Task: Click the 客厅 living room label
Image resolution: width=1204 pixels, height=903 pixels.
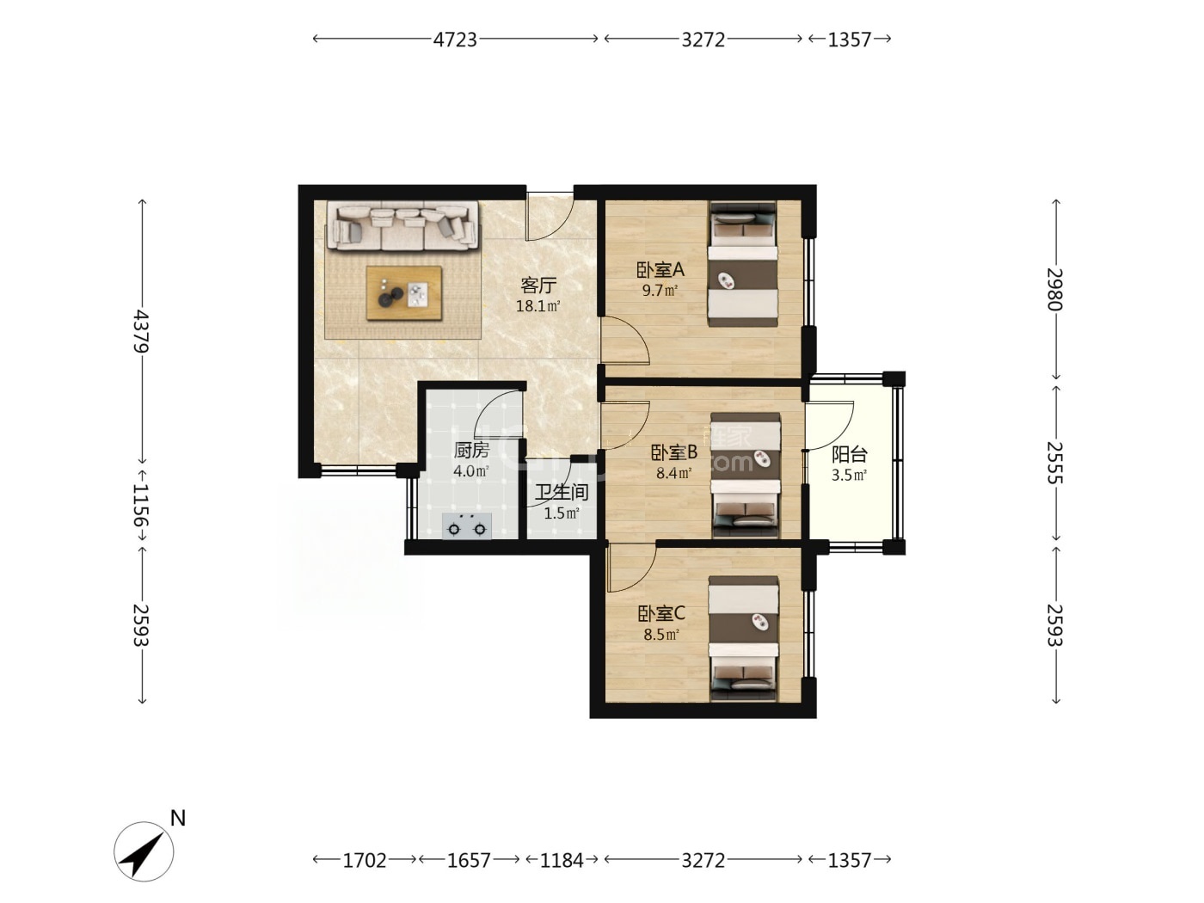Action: (x=538, y=286)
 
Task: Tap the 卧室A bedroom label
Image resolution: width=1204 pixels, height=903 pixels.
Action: (x=660, y=270)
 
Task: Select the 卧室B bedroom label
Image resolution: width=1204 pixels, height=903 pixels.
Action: (x=674, y=452)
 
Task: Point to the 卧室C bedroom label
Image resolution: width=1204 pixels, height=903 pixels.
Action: (x=661, y=613)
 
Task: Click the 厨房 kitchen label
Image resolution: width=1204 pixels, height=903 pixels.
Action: (x=471, y=450)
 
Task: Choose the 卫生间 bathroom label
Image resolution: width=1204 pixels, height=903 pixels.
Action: (x=562, y=492)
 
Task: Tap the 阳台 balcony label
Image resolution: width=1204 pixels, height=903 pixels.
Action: (x=850, y=454)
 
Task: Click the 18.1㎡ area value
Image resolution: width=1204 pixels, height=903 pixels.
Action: (x=537, y=306)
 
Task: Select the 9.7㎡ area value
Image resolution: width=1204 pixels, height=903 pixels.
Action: (x=660, y=290)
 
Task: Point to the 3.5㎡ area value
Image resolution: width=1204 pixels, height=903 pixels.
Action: (x=849, y=475)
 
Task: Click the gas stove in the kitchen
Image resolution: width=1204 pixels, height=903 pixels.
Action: (x=467, y=526)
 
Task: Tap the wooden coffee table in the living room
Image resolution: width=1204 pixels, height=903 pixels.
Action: (x=404, y=292)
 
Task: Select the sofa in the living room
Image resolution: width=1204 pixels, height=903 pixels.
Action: (x=402, y=226)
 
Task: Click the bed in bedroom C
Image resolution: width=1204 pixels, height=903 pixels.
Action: (x=743, y=638)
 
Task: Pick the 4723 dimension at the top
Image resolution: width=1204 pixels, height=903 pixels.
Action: (x=455, y=40)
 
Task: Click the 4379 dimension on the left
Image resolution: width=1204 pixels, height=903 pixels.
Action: (x=142, y=331)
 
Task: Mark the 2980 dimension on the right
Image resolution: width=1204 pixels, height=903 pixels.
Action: (x=1055, y=289)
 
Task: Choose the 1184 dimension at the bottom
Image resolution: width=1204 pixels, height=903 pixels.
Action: (x=561, y=860)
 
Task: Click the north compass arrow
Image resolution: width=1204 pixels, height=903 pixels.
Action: (x=144, y=852)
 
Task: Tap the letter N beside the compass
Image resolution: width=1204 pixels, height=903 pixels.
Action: (x=178, y=818)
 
